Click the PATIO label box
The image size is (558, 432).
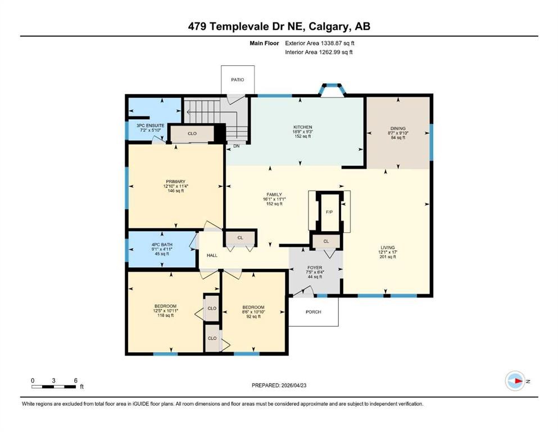(238, 80)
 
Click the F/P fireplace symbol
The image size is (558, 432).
(329, 212)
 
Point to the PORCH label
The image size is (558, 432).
(313, 312)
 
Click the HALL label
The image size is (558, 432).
(212, 255)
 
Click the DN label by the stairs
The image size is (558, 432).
(237, 146)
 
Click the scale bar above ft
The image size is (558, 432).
(54, 386)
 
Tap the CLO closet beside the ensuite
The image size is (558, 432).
(192, 134)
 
